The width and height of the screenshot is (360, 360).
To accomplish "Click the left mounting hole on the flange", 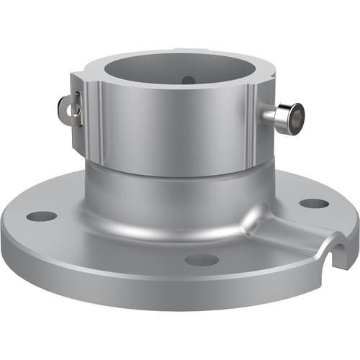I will click(x=42, y=215).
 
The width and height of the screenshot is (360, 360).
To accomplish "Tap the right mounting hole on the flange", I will click(x=314, y=203).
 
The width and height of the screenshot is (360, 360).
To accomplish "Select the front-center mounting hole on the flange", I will click(x=201, y=259).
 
